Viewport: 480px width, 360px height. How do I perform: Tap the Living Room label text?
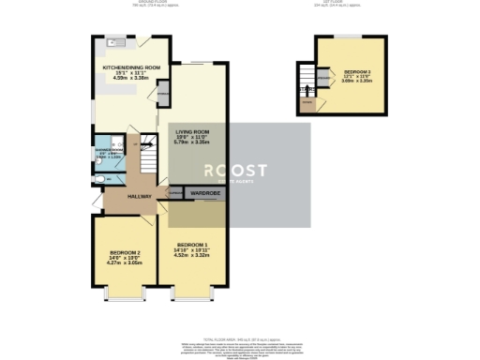point(191,132)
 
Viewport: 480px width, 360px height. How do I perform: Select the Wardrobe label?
point(205,193)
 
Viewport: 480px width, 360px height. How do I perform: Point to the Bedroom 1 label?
point(192,246)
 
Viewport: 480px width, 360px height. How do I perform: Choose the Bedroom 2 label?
point(125,253)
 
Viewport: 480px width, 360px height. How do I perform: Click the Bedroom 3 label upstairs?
point(357,72)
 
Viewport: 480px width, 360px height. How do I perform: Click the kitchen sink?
point(113,43)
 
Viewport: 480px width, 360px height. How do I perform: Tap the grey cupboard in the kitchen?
point(162,93)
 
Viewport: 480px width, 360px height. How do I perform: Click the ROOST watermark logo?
point(236,171)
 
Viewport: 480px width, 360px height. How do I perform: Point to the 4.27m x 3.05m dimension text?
point(125,265)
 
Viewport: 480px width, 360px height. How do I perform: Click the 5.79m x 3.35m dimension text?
point(191,142)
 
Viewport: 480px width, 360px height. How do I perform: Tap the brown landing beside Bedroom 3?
point(307,103)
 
